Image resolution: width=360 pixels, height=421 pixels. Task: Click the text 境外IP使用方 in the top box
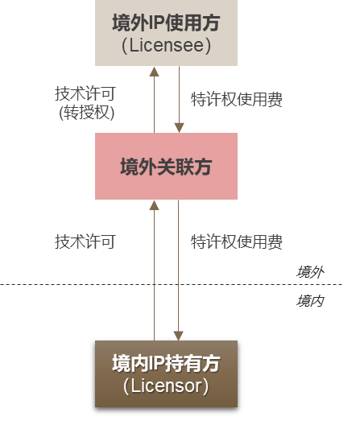click(165, 22)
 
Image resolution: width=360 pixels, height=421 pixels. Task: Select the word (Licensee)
click(166, 45)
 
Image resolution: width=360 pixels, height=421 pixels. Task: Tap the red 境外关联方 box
click(167, 167)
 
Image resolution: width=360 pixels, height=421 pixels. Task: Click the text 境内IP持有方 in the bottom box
click(166, 363)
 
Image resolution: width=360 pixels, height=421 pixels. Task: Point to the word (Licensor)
click(166, 386)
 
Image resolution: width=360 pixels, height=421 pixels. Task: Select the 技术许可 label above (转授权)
click(85, 93)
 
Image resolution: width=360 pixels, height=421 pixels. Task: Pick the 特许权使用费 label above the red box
click(236, 100)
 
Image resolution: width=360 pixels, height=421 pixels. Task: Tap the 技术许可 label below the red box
click(85, 241)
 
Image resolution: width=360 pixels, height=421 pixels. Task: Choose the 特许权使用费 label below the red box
click(236, 241)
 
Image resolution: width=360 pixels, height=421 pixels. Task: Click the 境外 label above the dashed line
click(310, 272)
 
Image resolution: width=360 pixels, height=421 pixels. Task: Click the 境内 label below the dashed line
click(310, 300)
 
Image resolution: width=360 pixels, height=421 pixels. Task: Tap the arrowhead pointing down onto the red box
click(180, 127)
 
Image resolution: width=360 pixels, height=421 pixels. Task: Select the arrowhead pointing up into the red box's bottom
click(154, 206)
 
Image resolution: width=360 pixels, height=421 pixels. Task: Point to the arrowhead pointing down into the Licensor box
click(180, 334)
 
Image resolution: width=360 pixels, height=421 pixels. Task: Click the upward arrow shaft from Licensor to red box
click(154, 274)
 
